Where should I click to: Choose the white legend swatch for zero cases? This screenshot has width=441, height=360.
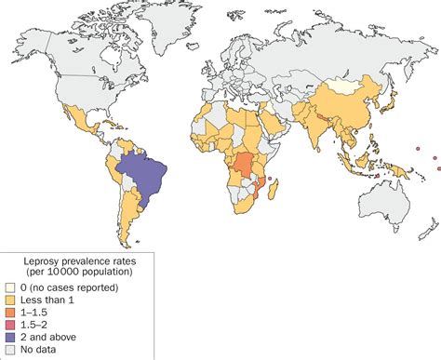[11, 288]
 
